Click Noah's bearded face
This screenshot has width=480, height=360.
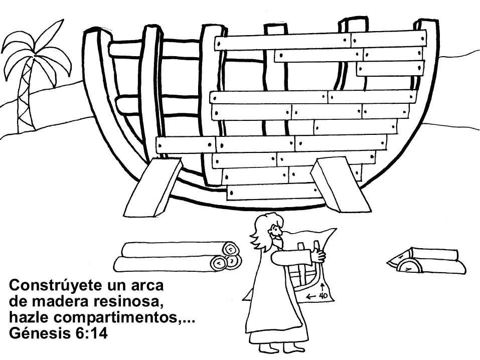coord(275,235)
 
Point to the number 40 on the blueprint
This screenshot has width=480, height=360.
coord(324,296)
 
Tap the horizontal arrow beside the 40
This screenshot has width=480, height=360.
coord(311,296)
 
